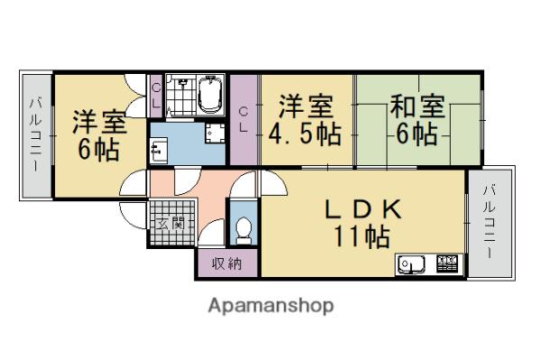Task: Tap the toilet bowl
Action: coord(243,232)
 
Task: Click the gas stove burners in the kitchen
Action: coord(447,264)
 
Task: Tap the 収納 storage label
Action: coord(226,263)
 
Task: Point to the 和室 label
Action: coord(417,107)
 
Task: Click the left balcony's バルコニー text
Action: coord(35,135)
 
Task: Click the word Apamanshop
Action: coord(270,305)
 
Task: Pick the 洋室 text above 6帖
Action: coord(97,121)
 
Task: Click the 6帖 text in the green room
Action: coord(417,135)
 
